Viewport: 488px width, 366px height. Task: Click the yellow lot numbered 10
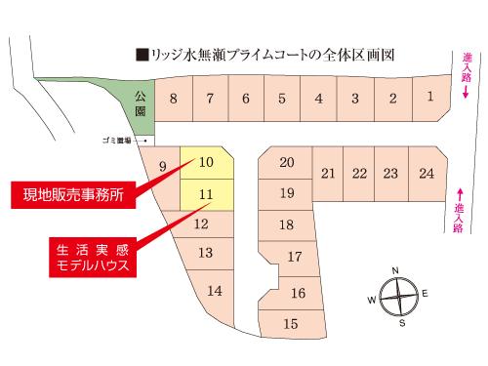(206, 163)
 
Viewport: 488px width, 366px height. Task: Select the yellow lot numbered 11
(206, 195)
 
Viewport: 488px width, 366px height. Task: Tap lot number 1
(430, 97)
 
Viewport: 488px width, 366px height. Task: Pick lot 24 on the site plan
(426, 174)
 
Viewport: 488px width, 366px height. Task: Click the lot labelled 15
(290, 323)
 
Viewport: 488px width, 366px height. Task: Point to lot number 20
(286, 162)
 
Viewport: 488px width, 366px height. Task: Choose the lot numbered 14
(216, 290)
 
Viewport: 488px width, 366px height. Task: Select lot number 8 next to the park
(173, 99)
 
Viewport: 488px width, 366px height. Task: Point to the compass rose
(396, 294)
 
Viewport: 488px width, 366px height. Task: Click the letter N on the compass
(395, 269)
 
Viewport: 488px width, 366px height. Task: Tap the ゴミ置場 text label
(117, 141)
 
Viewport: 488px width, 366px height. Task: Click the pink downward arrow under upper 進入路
(467, 94)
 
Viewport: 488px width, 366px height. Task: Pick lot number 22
(359, 174)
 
